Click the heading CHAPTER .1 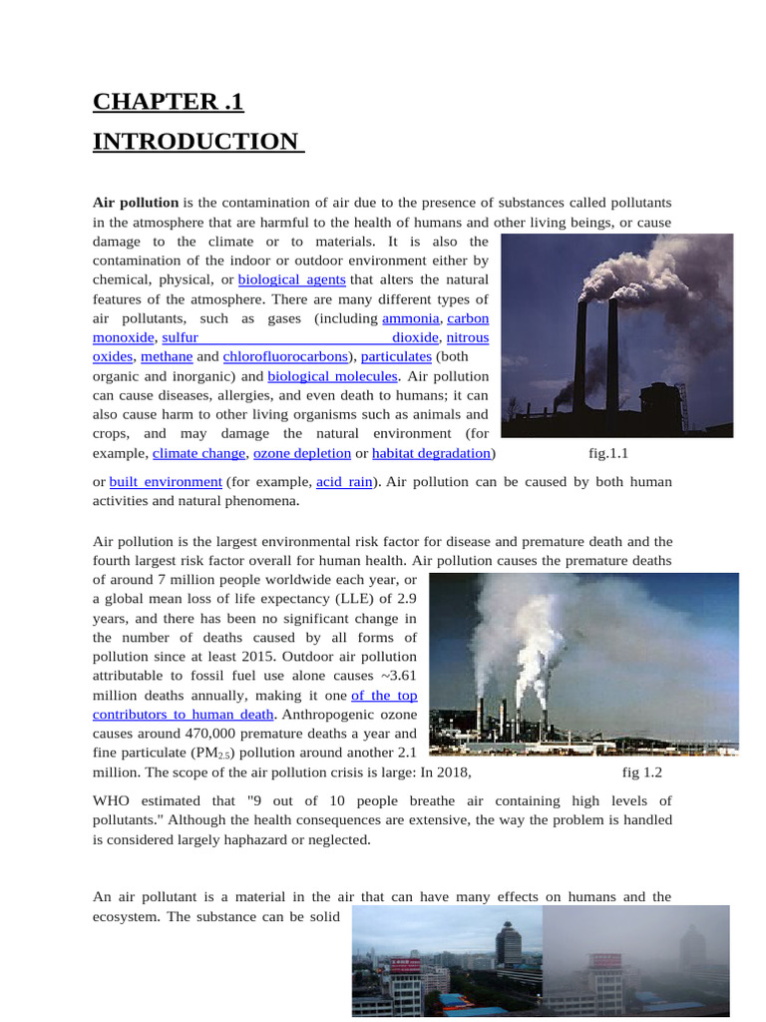point(168,102)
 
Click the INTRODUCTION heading point(195,142)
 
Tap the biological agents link point(291,279)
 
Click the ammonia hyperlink point(411,318)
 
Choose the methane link point(167,356)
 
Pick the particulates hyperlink point(396,356)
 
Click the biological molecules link point(332,376)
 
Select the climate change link point(198,453)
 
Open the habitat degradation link point(431,453)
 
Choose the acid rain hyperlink point(344,482)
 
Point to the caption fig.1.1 point(608,453)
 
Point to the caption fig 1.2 point(642,772)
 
